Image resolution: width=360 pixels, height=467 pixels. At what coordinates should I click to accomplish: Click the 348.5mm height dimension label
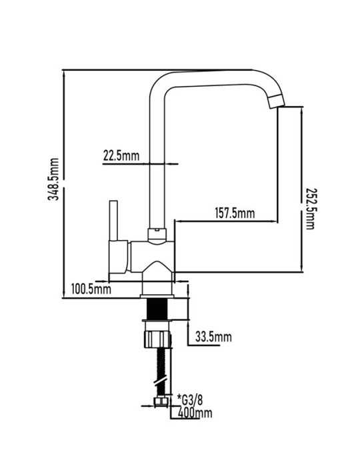coord(54,179)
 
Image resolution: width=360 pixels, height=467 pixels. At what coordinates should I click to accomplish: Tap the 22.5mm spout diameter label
coord(121,155)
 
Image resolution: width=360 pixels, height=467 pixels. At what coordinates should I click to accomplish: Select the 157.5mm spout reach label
coord(235,213)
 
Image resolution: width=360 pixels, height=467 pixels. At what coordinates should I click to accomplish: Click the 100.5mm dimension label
coord(91,289)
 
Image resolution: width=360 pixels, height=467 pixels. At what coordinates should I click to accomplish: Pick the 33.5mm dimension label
coord(213,337)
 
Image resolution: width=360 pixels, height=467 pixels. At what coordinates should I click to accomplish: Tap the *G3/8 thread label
coord(190,400)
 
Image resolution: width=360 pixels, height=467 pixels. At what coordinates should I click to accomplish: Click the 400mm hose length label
coord(195,413)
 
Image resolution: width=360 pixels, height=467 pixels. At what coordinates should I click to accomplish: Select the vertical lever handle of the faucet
coord(113,220)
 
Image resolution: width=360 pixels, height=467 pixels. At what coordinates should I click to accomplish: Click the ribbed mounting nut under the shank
coord(158,339)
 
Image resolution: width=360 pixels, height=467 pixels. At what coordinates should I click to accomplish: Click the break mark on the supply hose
coord(161,382)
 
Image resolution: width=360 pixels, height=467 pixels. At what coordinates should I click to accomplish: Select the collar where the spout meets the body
coord(157,236)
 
